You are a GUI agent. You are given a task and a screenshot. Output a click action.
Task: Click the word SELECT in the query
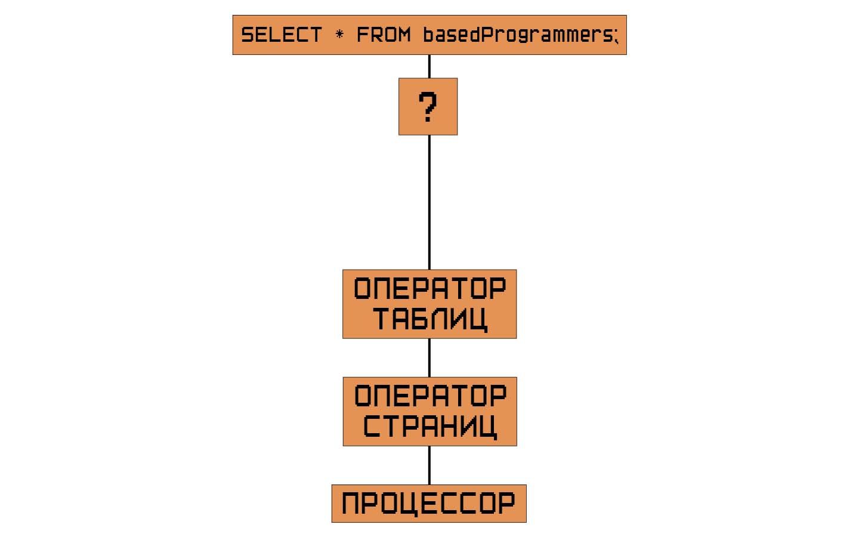[x=281, y=35]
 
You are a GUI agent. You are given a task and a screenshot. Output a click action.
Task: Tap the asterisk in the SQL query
[x=339, y=35]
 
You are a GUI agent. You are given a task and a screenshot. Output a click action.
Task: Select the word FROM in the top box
[x=384, y=35]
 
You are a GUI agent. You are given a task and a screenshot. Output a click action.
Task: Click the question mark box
[x=428, y=107]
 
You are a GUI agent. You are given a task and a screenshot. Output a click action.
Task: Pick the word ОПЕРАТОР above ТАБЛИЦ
[x=429, y=289]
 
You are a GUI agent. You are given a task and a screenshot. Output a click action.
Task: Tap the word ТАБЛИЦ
[x=429, y=319]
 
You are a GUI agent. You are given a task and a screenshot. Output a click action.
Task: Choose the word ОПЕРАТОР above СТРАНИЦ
[x=429, y=396]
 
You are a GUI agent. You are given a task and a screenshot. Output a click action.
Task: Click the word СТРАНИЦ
[x=429, y=427]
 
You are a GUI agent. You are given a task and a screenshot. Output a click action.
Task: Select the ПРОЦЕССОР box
[x=429, y=504]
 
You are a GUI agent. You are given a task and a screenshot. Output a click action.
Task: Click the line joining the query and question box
[x=429, y=66]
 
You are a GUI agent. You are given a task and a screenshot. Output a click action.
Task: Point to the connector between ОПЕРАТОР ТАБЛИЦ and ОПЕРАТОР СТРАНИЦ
[x=429, y=357]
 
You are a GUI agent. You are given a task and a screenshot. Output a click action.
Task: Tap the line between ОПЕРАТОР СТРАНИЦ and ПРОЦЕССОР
[x=429, y=465]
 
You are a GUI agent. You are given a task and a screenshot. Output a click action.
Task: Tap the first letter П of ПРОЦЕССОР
[x=352, y=504]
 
